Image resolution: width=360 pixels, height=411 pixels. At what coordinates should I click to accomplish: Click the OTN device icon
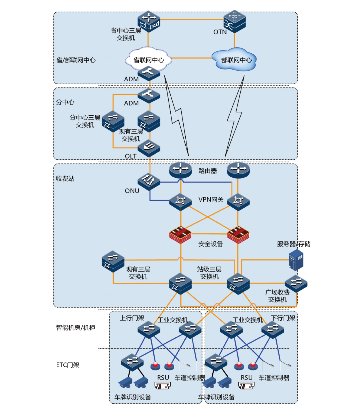234,21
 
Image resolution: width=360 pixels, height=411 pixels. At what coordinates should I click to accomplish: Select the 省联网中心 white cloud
149,59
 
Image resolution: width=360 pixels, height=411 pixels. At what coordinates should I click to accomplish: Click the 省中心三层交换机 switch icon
149,21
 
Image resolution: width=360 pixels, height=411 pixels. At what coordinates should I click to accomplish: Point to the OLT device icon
149,148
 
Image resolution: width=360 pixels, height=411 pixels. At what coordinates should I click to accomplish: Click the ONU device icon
149,182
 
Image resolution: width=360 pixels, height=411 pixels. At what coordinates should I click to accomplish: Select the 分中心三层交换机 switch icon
113,121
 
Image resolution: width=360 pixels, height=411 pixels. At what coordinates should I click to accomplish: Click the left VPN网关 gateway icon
180,201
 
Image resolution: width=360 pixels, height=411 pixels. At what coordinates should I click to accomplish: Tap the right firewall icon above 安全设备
238,234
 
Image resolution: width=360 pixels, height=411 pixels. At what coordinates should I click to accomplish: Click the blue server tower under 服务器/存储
296,260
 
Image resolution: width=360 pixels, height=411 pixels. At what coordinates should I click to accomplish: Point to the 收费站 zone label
65,179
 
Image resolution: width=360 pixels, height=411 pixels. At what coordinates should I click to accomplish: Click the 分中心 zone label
65,102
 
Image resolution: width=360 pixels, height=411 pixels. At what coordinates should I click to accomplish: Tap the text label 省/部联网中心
76,60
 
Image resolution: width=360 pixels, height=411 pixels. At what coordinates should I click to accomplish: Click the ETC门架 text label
68,365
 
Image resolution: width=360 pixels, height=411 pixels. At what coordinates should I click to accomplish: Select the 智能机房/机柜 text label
76,328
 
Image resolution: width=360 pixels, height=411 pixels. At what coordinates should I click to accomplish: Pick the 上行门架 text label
132,318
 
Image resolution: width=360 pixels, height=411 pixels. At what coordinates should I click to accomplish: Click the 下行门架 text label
283,318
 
